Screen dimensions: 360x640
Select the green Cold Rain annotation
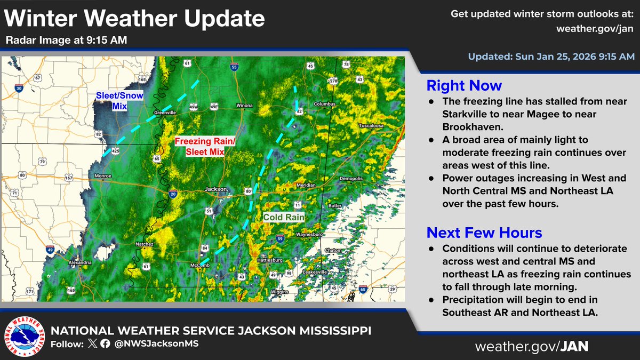click(284, 218)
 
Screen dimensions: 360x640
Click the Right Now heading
click(464, 85)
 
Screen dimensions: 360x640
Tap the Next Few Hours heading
click(484, 233)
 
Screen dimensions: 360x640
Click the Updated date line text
click(551, 56)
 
